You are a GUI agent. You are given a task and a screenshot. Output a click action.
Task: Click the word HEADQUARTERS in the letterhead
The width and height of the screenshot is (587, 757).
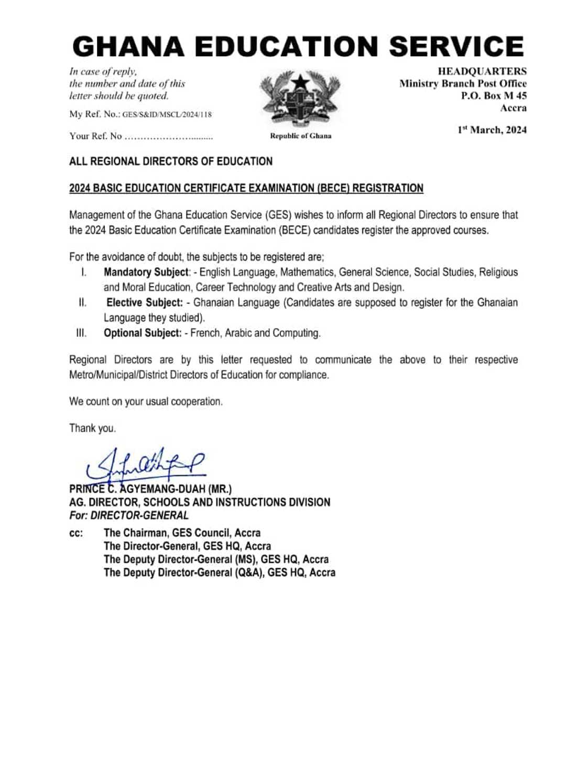(x=482, y=71)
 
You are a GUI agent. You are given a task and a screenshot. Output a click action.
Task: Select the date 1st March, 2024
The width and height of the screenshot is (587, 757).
(x=492, y=130)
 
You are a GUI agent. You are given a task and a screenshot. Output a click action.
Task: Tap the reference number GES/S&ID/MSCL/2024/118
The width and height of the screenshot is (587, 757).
(x=167, y=115)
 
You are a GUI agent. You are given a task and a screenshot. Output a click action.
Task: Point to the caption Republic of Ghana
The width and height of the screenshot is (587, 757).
(x=300, y=136)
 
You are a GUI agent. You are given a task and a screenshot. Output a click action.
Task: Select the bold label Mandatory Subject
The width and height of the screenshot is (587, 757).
(x=146, y=272)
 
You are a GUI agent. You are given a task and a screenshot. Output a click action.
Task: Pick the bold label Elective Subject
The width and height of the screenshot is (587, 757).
(x=145, y=303)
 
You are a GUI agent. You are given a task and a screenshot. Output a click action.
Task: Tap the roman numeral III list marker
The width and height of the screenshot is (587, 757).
(x=81, y=333)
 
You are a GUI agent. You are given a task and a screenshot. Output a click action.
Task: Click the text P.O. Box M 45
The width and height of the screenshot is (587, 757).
(x=494, y=96)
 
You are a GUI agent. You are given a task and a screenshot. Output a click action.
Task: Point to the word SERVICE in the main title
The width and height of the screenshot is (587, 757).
(x=456, y=47)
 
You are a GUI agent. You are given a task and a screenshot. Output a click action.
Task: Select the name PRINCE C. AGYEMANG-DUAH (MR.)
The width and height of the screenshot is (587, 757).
(x=150, y=489)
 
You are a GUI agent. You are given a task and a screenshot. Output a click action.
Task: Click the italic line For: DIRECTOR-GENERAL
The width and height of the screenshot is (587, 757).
(x=129, y=515)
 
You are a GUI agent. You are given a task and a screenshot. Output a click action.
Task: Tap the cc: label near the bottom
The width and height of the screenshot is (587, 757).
(x=76, y=533)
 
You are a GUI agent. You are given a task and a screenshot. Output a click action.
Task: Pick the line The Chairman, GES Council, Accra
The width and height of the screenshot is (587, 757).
(x=182, y=533)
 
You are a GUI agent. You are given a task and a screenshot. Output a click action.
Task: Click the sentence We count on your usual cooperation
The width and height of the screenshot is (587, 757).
(x=146, y=402)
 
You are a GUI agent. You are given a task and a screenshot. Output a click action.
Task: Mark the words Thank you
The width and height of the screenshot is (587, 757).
(x=93, y=429)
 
